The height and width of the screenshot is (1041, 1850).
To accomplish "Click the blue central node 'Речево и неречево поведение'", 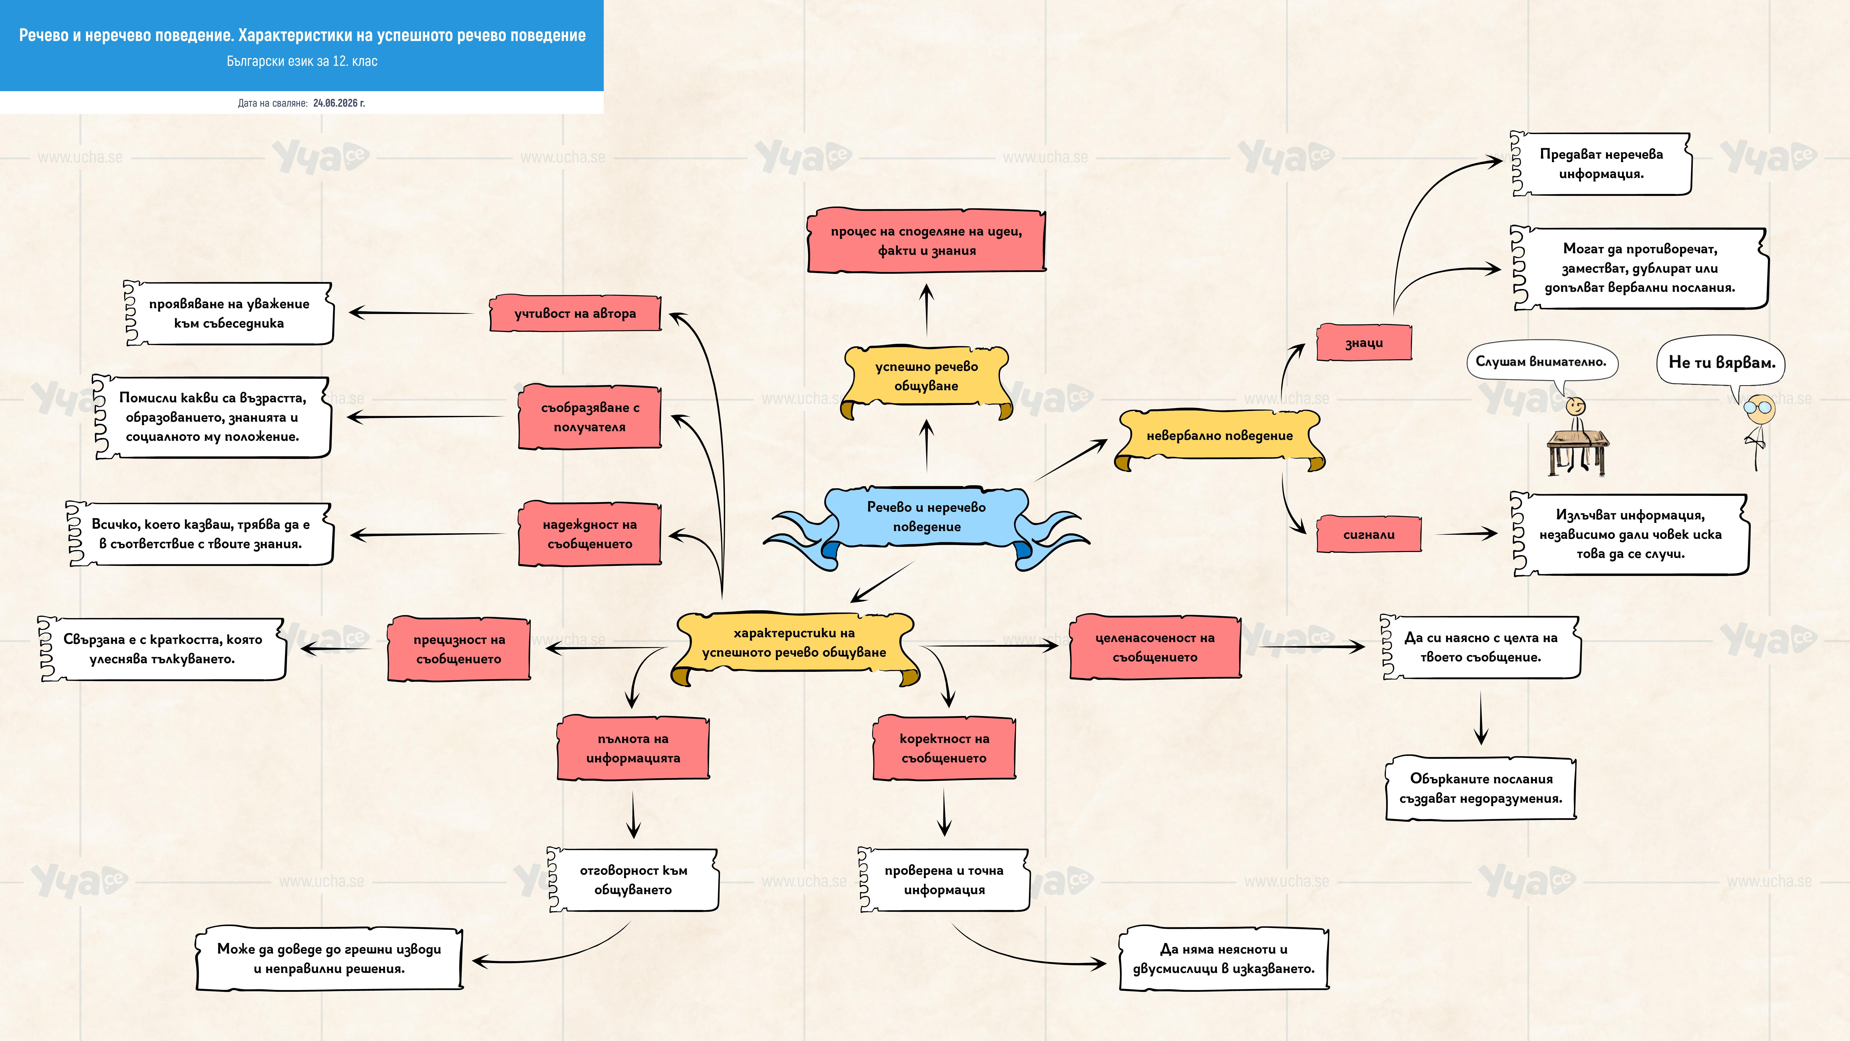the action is point(926,517).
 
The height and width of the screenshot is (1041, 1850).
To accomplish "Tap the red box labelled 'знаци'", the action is point(1364,343).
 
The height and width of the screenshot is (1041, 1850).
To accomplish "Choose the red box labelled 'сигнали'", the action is point(1369,534).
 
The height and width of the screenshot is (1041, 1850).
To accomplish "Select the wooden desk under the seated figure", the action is point(1578,453).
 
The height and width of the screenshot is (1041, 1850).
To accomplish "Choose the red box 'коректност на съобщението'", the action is point(944,748).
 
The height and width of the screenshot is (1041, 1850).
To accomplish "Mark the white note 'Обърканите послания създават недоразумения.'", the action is point(1481,788).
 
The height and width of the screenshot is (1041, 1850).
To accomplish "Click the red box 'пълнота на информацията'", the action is point(633,748).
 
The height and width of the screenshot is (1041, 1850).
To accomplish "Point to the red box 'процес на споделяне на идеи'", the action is point(926,241).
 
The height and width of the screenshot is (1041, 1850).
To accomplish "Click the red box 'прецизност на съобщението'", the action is point(459,649).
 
